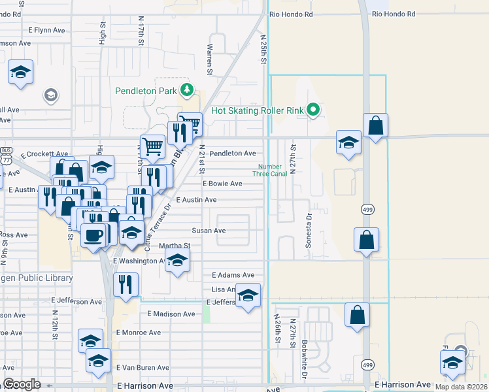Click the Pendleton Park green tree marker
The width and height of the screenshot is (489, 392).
[188, 90]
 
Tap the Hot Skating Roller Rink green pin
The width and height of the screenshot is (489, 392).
[313, 110]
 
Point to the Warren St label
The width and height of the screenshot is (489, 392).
[210, 58]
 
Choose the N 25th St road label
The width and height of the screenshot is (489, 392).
[265, 50]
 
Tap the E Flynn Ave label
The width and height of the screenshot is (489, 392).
[47, 30]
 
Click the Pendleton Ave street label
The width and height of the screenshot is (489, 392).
[232, 154]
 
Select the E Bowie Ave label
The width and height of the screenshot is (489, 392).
[222, 184]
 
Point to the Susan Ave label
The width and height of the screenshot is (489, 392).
[209, 231]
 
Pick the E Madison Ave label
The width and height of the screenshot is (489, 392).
[171, 314]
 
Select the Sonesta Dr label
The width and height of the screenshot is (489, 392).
[308, 229]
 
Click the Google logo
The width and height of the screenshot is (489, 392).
[22, 384]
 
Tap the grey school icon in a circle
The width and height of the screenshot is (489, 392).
[50, 96]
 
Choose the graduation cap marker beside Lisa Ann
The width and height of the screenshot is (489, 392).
[248, 297]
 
